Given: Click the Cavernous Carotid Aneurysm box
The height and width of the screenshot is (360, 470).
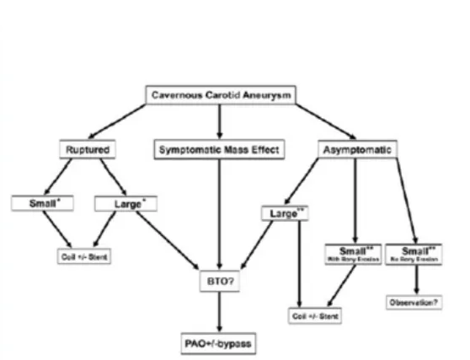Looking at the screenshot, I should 221,95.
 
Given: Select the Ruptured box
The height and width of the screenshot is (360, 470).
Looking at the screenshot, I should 87,150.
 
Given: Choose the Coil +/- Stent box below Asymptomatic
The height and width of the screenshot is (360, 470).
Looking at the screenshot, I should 313,316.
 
